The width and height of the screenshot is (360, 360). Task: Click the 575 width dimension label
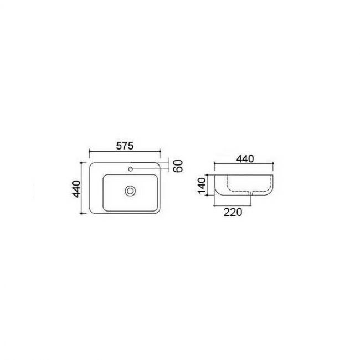click(125, 146)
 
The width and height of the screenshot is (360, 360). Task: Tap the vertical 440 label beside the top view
click(76, 189)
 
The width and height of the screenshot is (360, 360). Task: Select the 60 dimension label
click(178, 166)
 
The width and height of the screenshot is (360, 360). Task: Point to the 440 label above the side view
click(245, 159)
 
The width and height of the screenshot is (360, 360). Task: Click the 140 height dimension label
click(202, 186)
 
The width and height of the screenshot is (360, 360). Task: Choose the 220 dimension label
click(233, 212)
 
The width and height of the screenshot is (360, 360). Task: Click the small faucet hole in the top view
click(131, 169)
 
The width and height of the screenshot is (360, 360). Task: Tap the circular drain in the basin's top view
click(130, 191)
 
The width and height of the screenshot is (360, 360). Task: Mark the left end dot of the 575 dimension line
click(89, 151)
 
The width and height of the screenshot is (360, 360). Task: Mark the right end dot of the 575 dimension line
click(160, 151)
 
